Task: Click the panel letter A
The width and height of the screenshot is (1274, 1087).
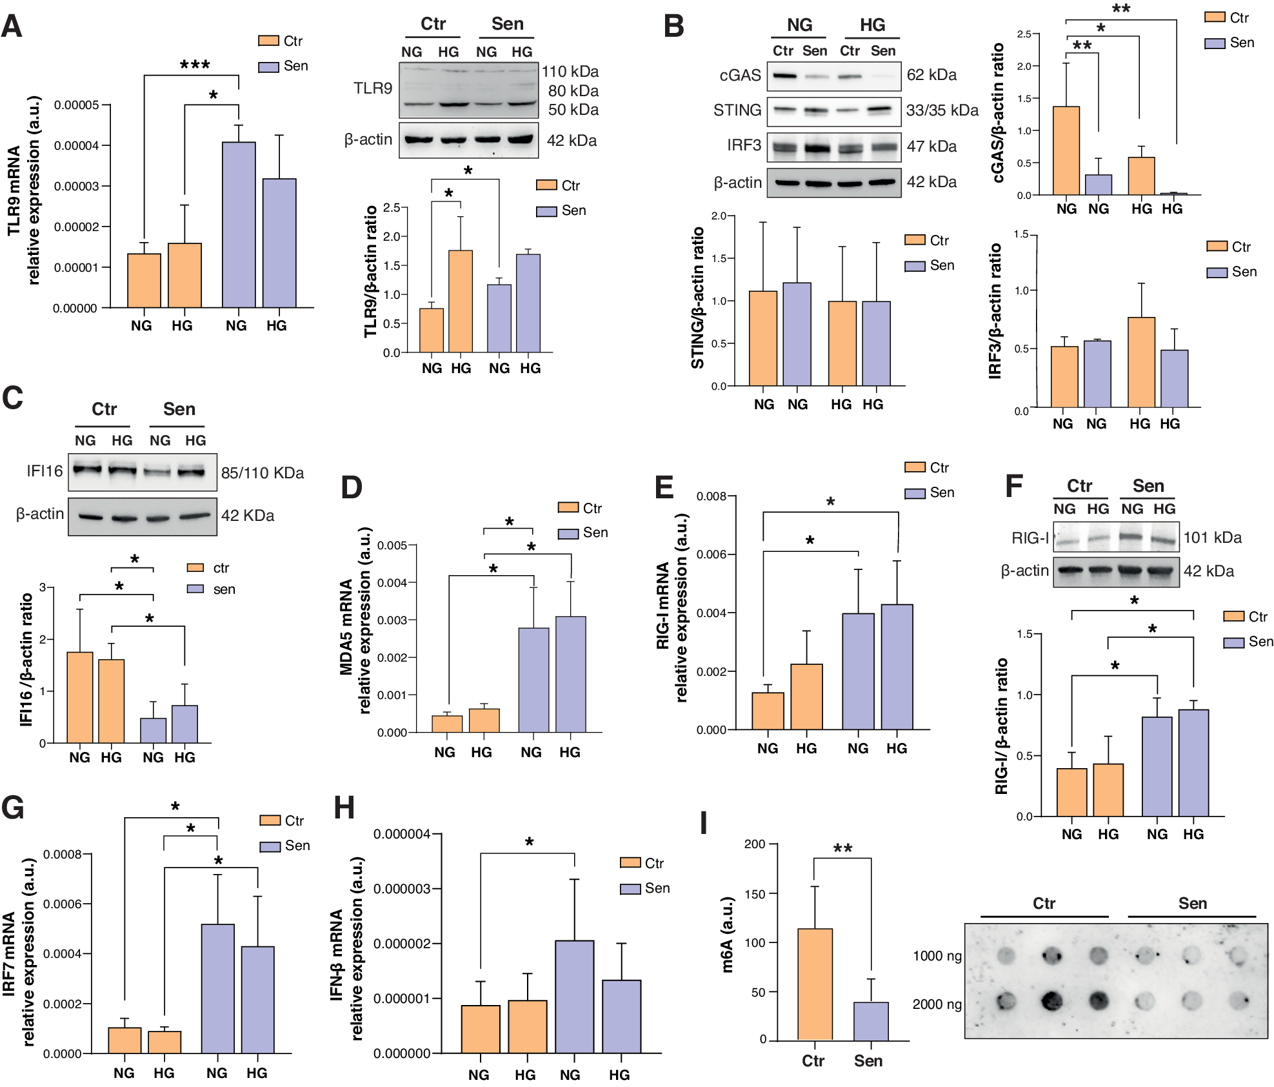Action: tap(12, 27)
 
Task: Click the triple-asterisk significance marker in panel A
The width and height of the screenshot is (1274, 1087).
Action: tap(195, 65)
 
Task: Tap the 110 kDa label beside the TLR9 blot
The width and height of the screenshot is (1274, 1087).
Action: tap(570, 72)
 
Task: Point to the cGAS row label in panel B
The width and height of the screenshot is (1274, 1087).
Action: tap(740, 76)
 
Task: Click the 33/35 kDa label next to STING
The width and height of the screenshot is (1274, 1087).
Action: tap(942, 110)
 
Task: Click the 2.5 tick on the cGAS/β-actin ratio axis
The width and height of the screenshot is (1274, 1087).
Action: tap(1024, 34)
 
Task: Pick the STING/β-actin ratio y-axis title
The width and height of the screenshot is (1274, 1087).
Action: tap(697, 298)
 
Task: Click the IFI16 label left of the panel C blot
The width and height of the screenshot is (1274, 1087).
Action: tap(45, 471)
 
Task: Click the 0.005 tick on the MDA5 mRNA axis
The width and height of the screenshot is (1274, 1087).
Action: tap(392, 545)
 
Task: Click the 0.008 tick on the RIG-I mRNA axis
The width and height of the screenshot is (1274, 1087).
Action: tap(712, 496)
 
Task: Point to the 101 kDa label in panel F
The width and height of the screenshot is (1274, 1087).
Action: tap(1212, 538)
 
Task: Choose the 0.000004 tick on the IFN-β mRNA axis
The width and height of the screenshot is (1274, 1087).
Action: tap(401, 834)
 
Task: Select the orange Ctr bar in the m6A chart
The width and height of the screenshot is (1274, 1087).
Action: tap(815, 984)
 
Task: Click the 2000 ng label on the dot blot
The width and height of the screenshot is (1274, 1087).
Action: tap(937, 1004)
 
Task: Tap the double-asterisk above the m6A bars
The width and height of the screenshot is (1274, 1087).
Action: tap(842, 848)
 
